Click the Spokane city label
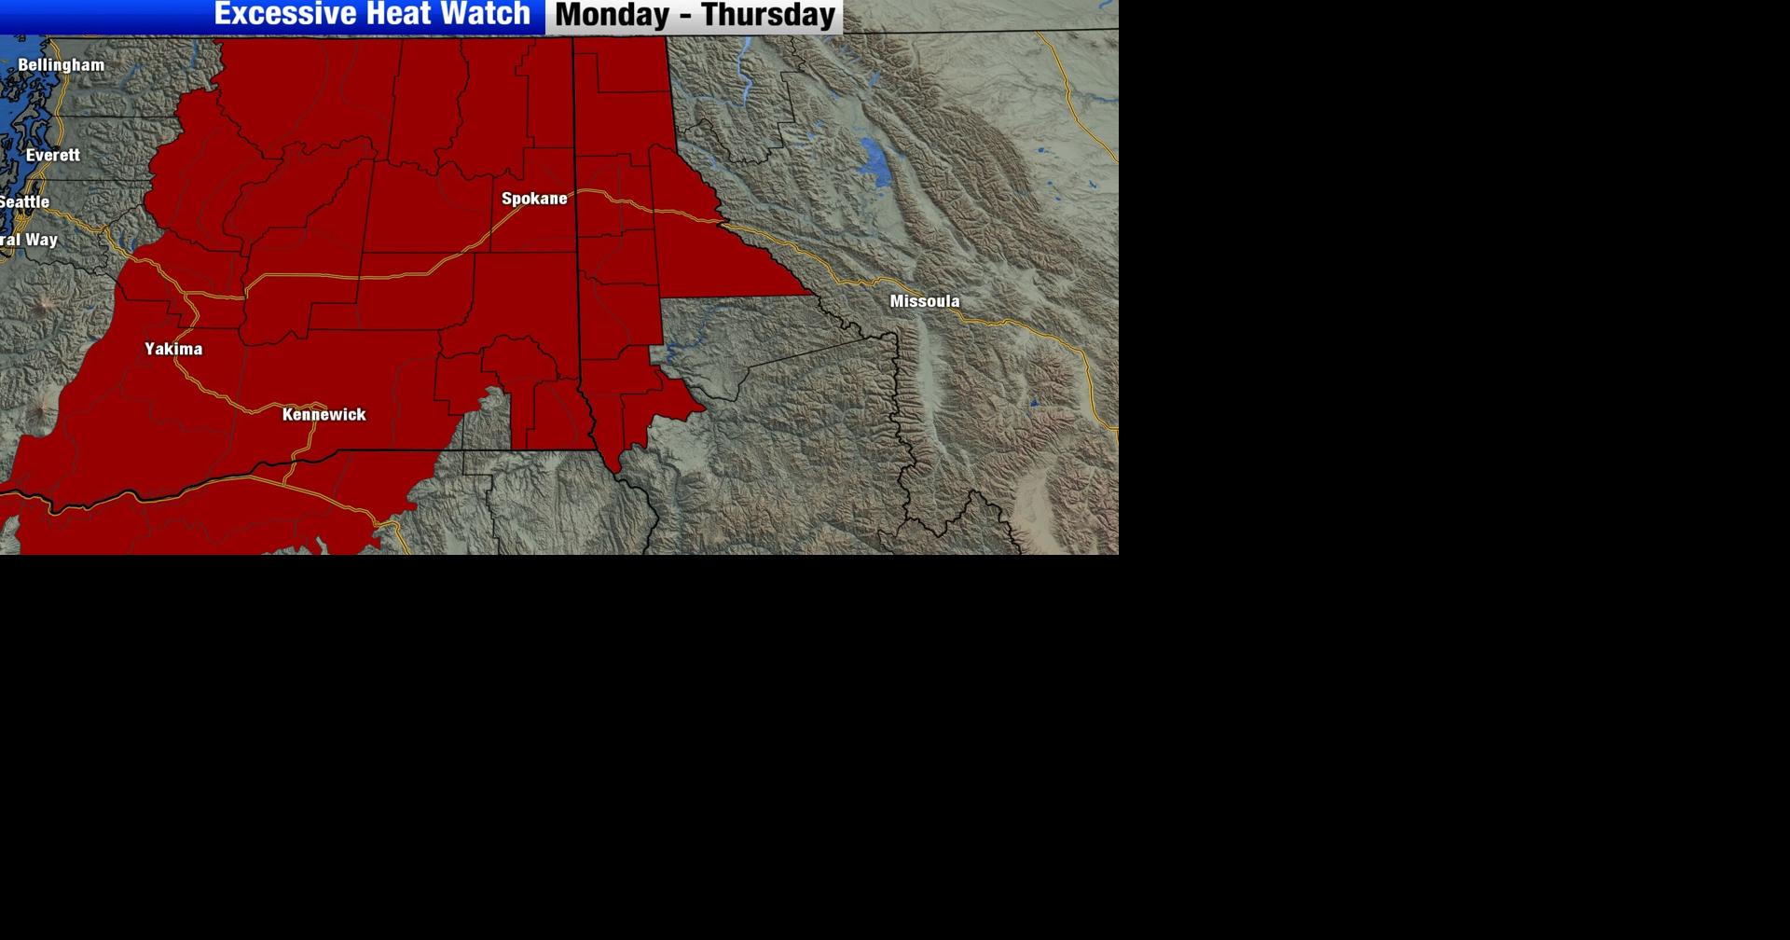(x=534, y=199)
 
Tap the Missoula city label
(x=924, y=301)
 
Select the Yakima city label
(x=173, y=349)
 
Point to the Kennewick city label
(x=324, y=414)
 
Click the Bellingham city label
(x=61, y=65)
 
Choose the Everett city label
(x=52, y=155)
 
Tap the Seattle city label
(x=24, y=201)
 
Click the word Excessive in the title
(x=279, y=14)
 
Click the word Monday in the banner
(x=612, y=15)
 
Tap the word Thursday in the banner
(x=768, y=15)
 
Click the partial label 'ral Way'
(x=29, y=240)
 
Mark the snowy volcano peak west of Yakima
(x=44, y=304)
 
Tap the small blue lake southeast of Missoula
(x=1033, y=403)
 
